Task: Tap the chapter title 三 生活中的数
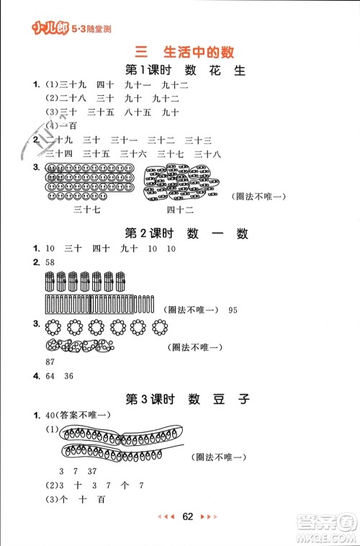point(185,51)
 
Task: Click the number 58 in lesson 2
point(50,262)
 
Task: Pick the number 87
point(50,360)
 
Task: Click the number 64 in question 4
point(50,375)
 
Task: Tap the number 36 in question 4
point(69,375)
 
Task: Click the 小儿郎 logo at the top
point(49,30)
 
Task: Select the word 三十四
point(59,153)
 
